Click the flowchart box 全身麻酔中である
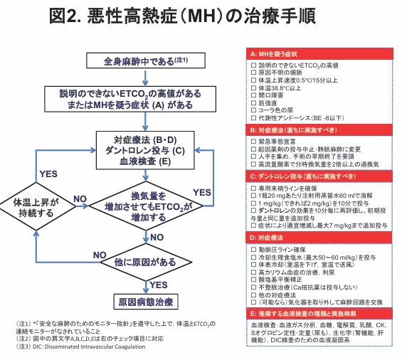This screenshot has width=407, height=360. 146,60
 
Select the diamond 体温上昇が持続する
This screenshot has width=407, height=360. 36,206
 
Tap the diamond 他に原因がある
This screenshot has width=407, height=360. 146,262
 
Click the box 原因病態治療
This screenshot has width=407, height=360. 146,302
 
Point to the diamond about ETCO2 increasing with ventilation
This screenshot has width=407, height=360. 146,206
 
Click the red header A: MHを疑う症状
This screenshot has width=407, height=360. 319,54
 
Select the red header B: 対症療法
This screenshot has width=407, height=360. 319,130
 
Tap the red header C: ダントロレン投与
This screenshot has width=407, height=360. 319,176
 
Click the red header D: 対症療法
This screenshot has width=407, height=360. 319,238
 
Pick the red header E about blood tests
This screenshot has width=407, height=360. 319,314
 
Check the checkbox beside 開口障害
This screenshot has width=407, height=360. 253,95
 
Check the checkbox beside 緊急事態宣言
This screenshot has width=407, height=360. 253,142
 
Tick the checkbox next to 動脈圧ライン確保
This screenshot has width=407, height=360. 253,250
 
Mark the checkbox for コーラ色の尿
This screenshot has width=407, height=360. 253,110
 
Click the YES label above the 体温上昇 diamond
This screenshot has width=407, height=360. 48,174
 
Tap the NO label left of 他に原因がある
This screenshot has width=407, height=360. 100,255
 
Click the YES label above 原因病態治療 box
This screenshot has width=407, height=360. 159,285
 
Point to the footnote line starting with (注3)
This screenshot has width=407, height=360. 80,346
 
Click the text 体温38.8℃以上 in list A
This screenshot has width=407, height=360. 280,88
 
